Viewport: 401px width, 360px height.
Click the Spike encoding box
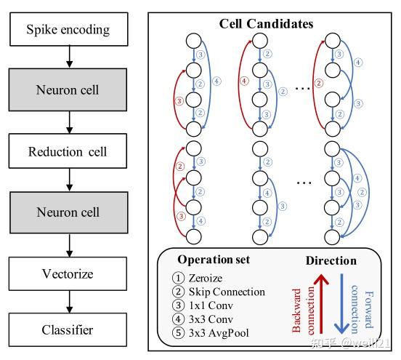point(68,31)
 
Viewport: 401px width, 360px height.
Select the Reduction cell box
point(68,151)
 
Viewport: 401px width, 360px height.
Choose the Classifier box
point(68,329)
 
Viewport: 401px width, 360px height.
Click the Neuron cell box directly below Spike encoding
point(68,91)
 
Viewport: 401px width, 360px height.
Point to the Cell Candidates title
point(267,23)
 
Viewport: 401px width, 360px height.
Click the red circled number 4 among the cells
point(243,81)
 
